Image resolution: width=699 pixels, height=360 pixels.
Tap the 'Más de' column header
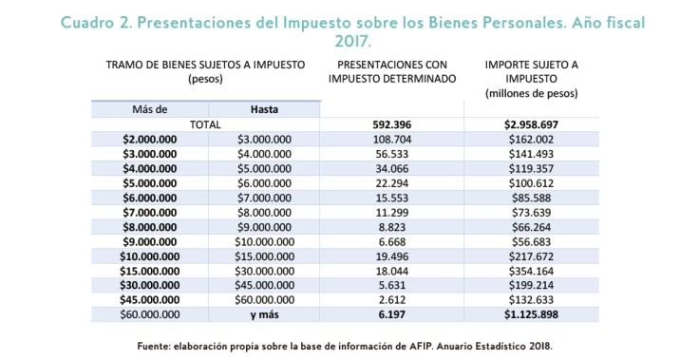point(149,109)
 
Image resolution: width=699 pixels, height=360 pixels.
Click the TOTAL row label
point(205,124)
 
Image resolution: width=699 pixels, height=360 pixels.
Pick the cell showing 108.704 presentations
point(392,139)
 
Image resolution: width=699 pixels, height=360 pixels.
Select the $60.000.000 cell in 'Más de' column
point(149,313)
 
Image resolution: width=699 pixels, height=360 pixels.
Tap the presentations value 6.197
point(392,313)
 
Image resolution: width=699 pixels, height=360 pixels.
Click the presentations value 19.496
point(392,255)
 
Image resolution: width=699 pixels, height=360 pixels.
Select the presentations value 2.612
point(392,298)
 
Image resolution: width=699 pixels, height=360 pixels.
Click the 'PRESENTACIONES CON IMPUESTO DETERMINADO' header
point(392,70)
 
